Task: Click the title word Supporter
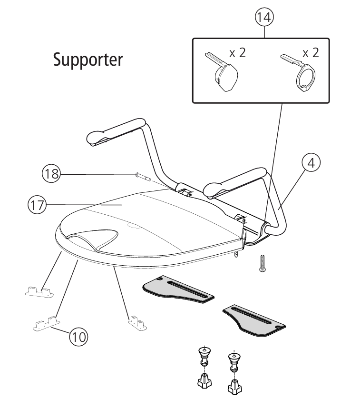[88, 60]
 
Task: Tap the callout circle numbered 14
[264, 18]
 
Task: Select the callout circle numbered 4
[311, 163]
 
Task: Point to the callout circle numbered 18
[51, 173]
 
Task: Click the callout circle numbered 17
[37, 205]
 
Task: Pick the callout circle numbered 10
[78, 337]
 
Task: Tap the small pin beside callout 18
[143, 177]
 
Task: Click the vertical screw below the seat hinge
[263, 263]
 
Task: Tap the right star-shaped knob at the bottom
[234, 387]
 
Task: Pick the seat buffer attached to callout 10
[47, 324]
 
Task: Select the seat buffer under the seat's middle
[137, 323]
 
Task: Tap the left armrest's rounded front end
[94, 138]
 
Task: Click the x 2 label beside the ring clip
[311, 53]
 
